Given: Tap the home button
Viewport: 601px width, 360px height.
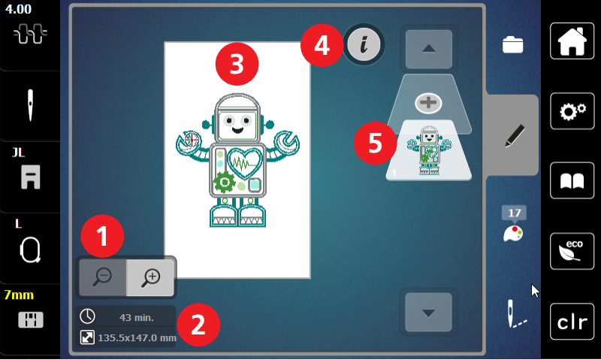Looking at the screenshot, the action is point(572,41).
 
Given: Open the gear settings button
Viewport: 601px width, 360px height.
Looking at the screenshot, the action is point(572,111).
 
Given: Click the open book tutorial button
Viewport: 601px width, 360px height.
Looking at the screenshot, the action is point(572,180).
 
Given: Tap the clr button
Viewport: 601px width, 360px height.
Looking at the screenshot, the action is point(572,322).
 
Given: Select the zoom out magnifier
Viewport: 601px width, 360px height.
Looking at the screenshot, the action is point(103,277).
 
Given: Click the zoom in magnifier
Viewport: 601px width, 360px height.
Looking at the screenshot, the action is point(151,277).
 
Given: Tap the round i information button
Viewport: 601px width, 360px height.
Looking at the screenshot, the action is point(364,44).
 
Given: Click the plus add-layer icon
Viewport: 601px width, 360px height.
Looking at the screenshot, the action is point(428,103).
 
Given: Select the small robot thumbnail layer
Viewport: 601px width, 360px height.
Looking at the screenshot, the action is point(429,150).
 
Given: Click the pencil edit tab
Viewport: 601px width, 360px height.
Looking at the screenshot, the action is point(515,136).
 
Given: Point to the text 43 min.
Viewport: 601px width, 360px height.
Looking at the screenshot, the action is point(137,317).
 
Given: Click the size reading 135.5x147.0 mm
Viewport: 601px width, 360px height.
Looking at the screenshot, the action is point(137,337).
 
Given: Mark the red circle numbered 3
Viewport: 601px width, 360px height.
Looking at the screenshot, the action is point(237,64).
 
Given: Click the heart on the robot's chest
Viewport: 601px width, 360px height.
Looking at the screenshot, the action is point(245,163).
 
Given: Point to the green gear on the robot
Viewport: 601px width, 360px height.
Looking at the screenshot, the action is point(225,182).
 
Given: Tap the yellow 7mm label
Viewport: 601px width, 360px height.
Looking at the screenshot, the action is point(19,295).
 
